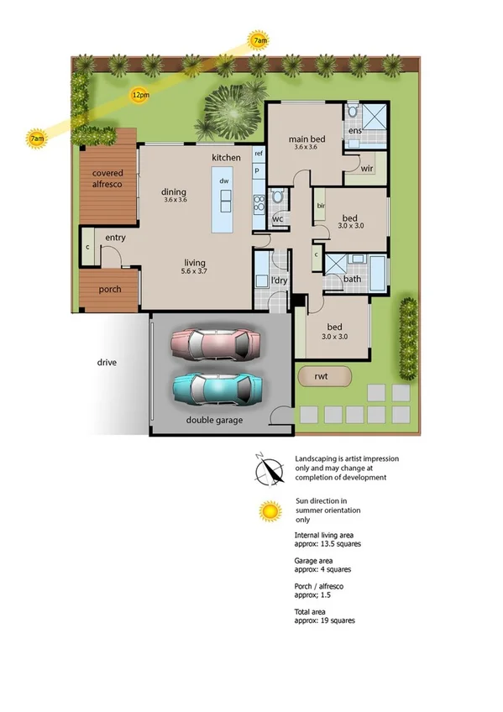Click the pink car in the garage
point(217,343)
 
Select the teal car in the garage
point(217,388)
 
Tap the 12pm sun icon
point(140,95)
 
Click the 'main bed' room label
point(303,139)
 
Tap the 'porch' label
point(110,289)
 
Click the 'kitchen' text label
point(226,158)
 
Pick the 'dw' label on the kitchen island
point(224,181)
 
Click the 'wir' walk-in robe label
point(366,168)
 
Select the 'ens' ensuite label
point(355,131)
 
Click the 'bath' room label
point(352,279)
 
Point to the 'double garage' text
point(215,420)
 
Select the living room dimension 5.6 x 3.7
point(195,271)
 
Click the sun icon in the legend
point(269,510)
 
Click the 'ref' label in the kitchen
point(259,154)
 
